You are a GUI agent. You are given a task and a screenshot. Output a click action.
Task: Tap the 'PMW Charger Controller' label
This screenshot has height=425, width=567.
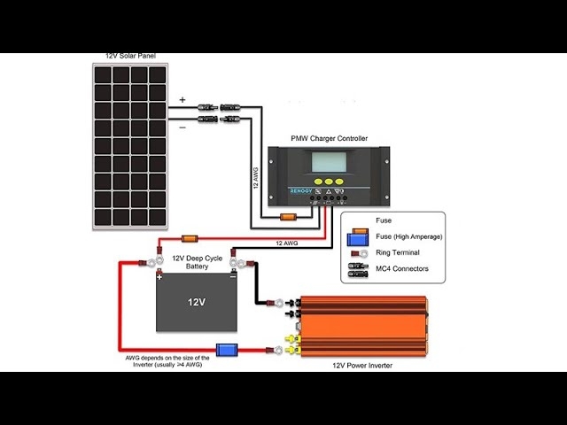pos(329,138)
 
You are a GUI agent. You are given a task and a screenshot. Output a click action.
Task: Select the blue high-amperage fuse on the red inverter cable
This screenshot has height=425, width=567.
pos(227,350)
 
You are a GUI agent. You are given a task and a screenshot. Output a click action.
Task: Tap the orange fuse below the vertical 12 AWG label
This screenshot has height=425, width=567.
pos(287,218)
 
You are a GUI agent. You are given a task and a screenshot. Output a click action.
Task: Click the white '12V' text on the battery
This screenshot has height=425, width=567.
pos(197,302)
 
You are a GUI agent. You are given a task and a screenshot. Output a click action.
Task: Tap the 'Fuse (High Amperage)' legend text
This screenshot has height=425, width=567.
pos(408,236)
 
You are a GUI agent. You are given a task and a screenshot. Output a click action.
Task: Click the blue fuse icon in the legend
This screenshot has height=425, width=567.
pos(357,236)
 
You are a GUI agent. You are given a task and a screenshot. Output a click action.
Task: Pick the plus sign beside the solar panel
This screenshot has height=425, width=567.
pos(183,100)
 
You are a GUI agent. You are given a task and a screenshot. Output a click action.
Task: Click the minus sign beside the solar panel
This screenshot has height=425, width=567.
pos(183,127)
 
